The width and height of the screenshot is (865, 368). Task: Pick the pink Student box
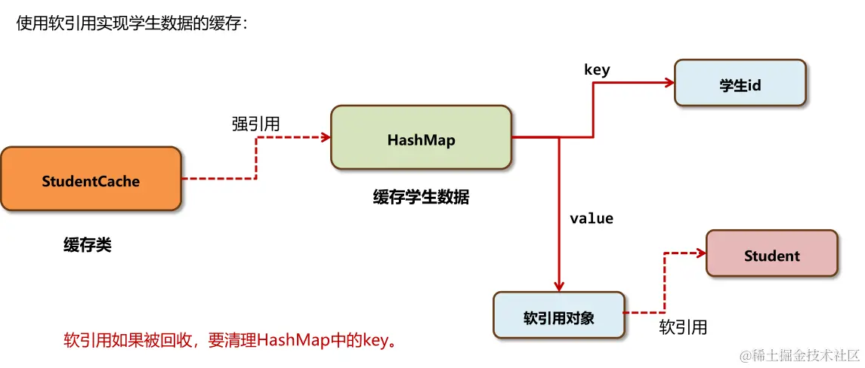[x=771, y=253]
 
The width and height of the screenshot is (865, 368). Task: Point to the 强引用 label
[x=255, y=124]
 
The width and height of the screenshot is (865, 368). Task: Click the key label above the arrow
[x=597, y=70]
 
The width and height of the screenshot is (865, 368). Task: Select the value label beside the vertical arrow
[x=592, y=219]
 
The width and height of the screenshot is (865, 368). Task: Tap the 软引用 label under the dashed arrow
[x=683, y=327]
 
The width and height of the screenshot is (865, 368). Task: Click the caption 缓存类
[x=88, y=245]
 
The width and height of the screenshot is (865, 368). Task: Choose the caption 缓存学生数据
[x=421, y=198]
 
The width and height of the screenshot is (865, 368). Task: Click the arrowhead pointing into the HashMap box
[x=326, y=137]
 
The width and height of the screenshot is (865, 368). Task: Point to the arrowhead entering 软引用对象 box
[x=558, y=287]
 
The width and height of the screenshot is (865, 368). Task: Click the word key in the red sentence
[x=373, y=340]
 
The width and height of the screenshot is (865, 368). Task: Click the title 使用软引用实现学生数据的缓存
[x=132, y=24]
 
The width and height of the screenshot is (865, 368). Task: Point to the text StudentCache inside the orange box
[x=91, y=181]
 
